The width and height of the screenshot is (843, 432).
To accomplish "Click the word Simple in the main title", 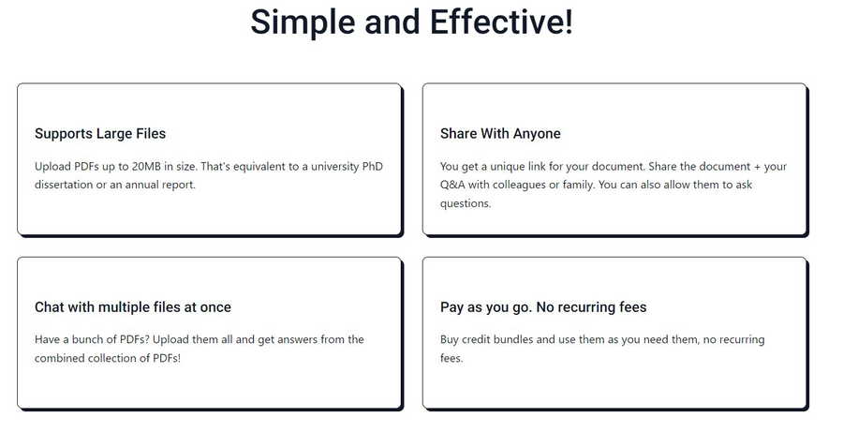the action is click(x=303, y=22).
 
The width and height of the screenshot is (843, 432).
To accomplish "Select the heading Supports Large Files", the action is click(x=100, y=134).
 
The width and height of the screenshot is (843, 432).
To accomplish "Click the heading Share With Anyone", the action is click(x=500, y=134).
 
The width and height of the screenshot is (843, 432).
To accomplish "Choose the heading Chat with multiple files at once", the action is click(x=133, y=307).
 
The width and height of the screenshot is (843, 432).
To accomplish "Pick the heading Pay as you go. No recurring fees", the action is click(x=543, y=307).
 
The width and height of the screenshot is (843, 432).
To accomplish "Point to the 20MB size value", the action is click(x=146, y=166).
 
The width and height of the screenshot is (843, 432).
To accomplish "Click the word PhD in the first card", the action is click(x=373, y=166).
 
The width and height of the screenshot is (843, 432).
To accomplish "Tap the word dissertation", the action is click(x=64, y=185).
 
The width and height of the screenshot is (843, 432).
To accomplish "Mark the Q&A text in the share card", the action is click(x=452, y=185).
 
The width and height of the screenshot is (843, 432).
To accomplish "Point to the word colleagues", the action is click(x=518, y=185).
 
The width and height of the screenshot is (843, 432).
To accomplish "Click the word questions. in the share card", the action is click(x=466, y=203).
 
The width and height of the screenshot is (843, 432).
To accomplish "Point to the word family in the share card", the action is click(x=578, y=185).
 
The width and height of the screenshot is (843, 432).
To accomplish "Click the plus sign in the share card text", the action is click(x=757, y=167).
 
